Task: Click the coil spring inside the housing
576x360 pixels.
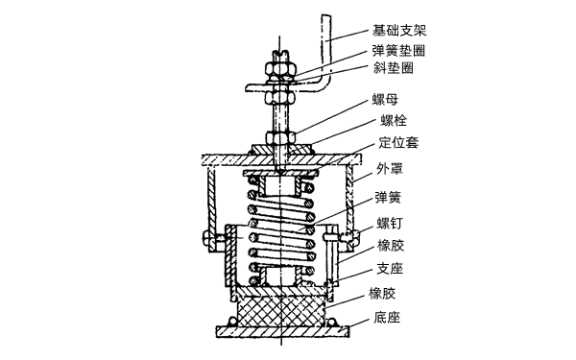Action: (x=278, y=230)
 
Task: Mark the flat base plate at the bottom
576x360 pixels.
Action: (x=278, y=330)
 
